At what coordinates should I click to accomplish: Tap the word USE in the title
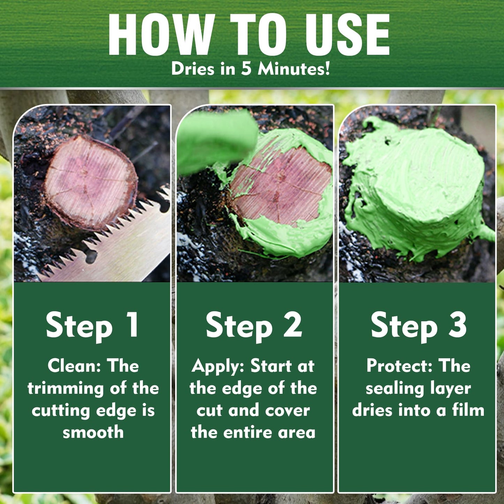pos(347,35)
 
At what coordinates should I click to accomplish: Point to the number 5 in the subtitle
pos(246,69)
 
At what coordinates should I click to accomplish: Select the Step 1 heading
pos(92,325)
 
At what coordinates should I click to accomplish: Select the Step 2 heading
pos(254,325)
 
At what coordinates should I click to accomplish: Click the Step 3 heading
pos(419,325)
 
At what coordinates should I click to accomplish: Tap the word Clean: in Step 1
pos(75,366)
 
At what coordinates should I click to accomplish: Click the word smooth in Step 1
pos(93,432)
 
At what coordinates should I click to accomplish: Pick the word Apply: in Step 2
pos(218,367)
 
